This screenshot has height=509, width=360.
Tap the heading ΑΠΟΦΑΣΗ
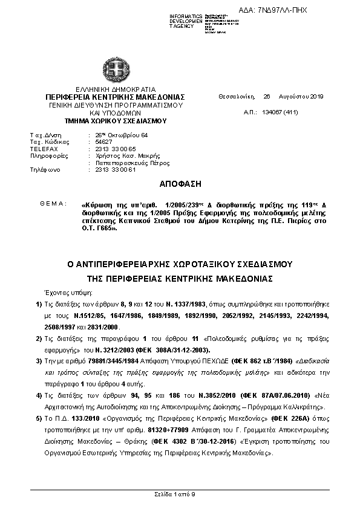coord(180,183)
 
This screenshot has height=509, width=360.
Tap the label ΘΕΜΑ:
coord(53,203)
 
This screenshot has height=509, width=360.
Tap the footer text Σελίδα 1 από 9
coord(180,494)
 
